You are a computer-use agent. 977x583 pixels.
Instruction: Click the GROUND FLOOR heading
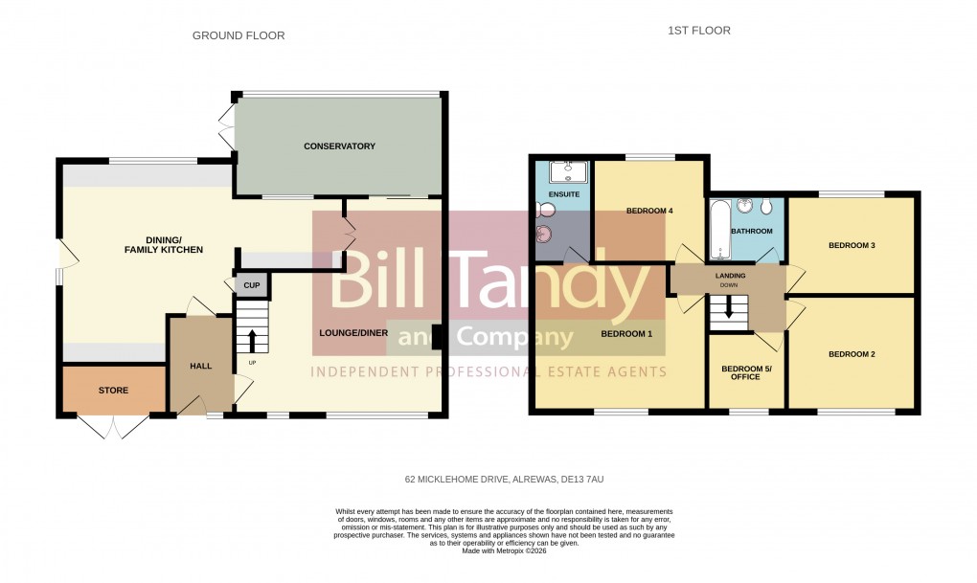tap(239, 35)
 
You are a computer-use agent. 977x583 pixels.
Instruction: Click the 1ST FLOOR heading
tap(698, 31)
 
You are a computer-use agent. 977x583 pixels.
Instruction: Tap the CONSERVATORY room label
tap(339, 146)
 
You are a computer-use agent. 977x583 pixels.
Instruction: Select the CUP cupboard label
tap(252, 285)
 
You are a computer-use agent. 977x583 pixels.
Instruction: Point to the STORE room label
tap(114, 391)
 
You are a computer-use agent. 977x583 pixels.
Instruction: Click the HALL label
tap(201, 366)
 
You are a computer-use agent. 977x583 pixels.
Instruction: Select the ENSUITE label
tap(564, 194)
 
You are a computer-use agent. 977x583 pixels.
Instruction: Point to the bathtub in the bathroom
tap(720, 230)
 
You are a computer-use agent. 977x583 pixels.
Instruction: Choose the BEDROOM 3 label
tap(852, 246)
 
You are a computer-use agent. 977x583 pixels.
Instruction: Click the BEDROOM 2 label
tap(852, 354)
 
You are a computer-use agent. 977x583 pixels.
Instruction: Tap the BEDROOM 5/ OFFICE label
tap(746, 372)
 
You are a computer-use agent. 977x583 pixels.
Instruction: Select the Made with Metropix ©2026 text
tap(505, 550)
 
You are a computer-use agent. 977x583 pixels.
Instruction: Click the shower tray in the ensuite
tap(564, 172)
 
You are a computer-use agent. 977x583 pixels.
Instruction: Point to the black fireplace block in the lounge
tap(436, 337)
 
